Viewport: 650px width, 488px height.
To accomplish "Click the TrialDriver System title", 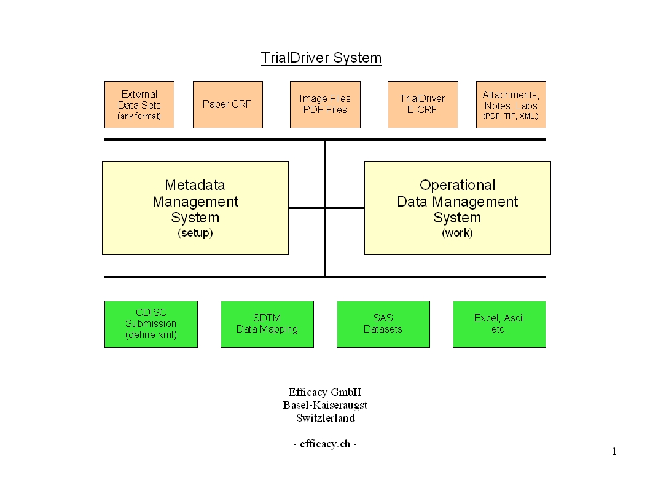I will [321, 58].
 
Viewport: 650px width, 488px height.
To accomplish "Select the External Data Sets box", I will [139, 104].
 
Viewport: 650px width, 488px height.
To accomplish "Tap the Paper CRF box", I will [227, 104].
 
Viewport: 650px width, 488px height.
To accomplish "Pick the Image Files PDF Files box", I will [325, 104].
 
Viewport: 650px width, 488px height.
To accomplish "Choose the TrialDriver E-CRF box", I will [423, 104].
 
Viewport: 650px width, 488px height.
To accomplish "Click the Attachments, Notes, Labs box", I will [511, 104].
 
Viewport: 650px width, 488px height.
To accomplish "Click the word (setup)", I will [195, 234].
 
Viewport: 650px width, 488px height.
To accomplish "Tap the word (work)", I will [457, 234].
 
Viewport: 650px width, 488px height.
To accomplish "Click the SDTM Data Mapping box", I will [267, 324].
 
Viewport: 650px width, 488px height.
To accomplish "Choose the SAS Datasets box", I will [383, 324].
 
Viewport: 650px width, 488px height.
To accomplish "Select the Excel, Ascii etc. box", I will [499, 324].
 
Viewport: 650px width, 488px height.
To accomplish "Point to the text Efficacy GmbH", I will [325, 392].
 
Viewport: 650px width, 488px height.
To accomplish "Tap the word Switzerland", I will [325, 419].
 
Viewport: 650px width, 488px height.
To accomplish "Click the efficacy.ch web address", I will [325, 444].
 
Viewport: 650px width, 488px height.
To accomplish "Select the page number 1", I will [614, 452].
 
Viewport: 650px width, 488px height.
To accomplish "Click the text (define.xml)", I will [151, 335].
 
